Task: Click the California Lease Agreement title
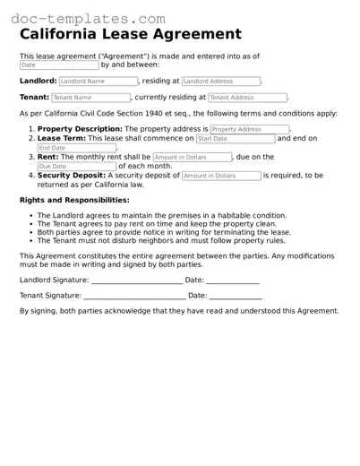click(x=130, y=34)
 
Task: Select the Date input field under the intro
click(x=58, y=65)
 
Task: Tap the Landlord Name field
click(x=97, y=82)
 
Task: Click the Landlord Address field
click(x=220, y=82)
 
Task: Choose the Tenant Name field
click(x=90, y=98)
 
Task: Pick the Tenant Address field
click(x=247, y=98)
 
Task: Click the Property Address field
click(x=249, y=129)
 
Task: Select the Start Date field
click(x=235, y=139)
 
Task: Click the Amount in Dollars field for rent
click(x=192, y=157)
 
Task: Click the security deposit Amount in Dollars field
click(x=220, y=176)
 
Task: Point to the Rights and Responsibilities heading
click(x=68, y=200)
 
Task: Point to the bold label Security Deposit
click(x=71, y=176)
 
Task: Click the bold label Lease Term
click(x=61, y=139)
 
